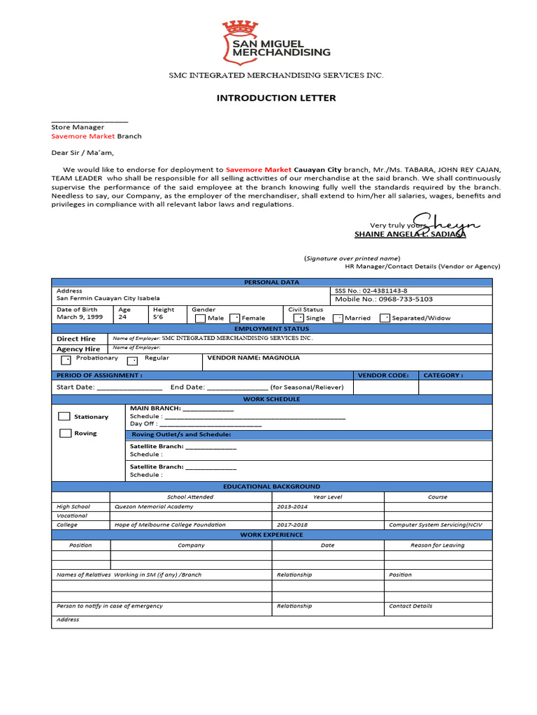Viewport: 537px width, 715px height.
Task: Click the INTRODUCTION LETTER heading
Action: point(275,98)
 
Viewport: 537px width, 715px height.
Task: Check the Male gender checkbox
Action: point(200,318)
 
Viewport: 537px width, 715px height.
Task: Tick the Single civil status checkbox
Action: point(298,318)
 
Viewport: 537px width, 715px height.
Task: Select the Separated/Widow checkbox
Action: point(385,318)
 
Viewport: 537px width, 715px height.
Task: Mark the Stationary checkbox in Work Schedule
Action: point(64,416)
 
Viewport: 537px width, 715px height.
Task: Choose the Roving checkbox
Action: point(64,433)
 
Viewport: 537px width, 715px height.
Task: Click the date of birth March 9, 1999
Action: point(80,317)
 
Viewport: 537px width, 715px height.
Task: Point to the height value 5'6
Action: point(158,317)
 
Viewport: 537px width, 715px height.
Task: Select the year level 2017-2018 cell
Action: point(292,524)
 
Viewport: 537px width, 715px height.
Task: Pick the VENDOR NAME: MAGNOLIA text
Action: point(253,357)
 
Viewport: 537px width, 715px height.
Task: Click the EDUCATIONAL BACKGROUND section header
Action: point(271,486)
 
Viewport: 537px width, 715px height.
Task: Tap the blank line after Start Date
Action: point(129,388)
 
